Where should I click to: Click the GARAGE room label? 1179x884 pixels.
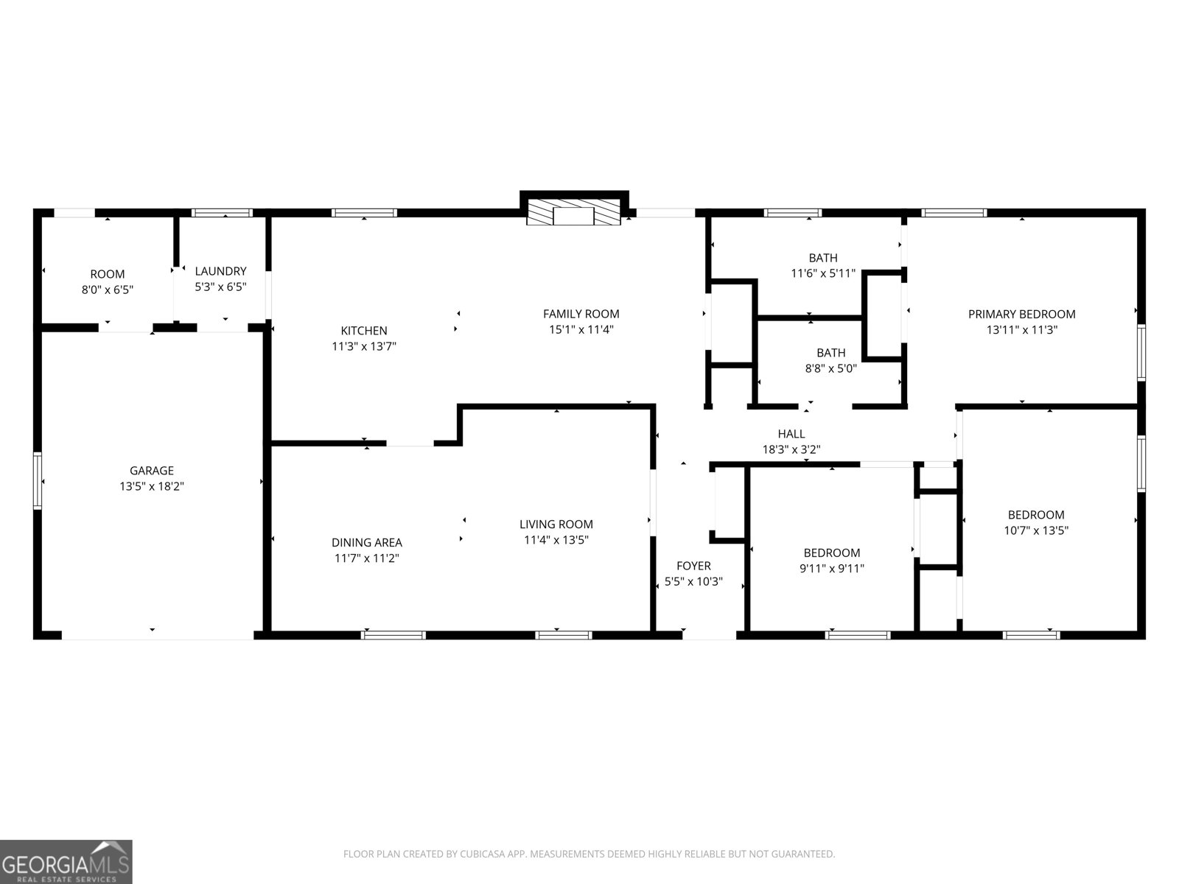(152, 471)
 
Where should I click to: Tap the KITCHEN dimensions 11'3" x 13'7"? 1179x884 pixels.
(364, 346)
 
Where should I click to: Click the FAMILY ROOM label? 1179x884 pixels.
(581, 314)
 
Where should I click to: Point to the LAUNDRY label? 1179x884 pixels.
(220, 271)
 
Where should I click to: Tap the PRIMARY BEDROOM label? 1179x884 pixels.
(1021, 314)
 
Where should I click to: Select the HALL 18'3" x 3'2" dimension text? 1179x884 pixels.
(791, 449)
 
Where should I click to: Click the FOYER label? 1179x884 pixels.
(693, 566)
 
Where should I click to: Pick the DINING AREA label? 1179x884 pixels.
(366, 543)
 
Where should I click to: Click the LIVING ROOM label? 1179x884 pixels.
(556, 525)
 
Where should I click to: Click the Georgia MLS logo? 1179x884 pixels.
(66, 861)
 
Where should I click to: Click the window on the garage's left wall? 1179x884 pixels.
(38, 480)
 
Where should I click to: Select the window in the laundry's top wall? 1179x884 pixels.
(222, 213)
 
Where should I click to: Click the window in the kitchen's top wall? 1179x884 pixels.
(364, 213)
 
